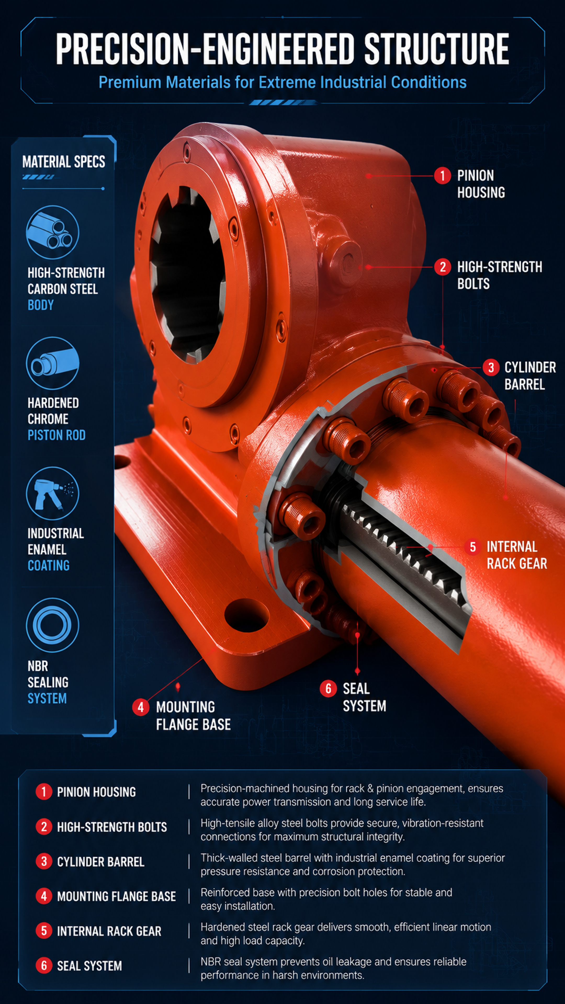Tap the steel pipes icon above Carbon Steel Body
pos(52,232)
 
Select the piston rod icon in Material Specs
pos(52,363)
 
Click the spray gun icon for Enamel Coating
pos(52,493)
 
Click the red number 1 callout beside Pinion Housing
pos(442,176)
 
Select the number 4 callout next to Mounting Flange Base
pos(140,707)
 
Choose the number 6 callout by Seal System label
pos(328,689)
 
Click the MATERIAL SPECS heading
pos(64,161)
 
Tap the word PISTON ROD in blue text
pos(56,435)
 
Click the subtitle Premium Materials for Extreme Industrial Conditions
pos(282,82)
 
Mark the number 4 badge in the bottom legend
pos(44,896)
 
